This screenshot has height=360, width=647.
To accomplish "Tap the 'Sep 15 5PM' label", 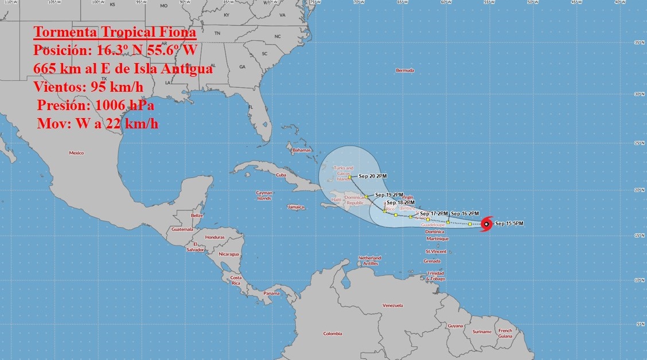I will coord(509,224).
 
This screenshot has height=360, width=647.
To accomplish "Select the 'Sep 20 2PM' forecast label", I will coord(372,177).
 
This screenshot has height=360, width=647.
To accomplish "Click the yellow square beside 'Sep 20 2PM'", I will coord(349,177).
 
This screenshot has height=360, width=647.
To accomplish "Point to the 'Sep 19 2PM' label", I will coord(389,195).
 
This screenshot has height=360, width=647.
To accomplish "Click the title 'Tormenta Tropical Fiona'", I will coord(115,32).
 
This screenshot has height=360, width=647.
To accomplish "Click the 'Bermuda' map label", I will coord(405,71).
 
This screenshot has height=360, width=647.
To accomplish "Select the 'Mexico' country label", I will coord(76,153).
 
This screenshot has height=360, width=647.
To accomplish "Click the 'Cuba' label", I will coord(281,175).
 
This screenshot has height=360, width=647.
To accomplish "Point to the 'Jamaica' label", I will coord(296,207).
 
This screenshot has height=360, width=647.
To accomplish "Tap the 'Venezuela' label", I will coord(393,305).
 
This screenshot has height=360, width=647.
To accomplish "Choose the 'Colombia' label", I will coord(332,334).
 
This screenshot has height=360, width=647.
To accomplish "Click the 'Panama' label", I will coord(271,294).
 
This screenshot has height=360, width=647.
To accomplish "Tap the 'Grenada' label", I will coord(432,261).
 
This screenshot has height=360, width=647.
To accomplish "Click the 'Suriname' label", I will coord(482,332).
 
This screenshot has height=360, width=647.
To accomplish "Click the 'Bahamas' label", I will coord(301,151).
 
